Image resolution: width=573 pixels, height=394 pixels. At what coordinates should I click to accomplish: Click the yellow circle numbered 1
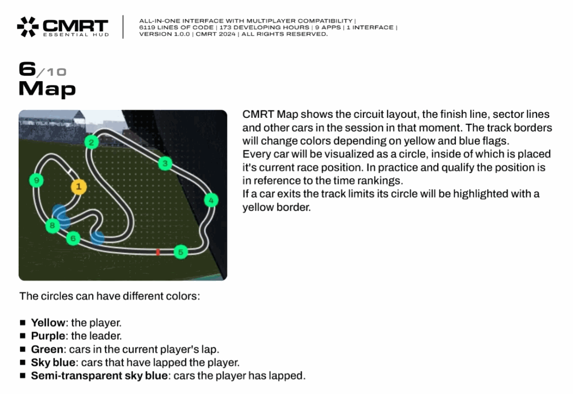(x=79, y=187)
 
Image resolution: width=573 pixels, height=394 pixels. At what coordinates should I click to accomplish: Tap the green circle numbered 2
(x=91, y=142)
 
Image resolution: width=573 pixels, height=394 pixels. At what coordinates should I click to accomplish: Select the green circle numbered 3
(x=165, y=163)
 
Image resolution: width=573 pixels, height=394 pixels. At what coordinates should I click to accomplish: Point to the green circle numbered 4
(x=211, y=200)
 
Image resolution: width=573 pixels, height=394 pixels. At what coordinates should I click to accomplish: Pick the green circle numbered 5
(x=180, y=252)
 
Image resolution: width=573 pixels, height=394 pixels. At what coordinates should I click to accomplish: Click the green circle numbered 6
(x=73, y=238)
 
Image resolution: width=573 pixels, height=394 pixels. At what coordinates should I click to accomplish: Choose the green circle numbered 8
(x=53, y=225)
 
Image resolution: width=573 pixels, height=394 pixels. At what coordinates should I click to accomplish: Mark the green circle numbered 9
(x=36, y=180)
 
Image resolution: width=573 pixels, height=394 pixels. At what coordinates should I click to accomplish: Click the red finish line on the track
(x=158, y=252)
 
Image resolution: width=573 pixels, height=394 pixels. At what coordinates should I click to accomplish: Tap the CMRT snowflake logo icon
(x=28, y=27)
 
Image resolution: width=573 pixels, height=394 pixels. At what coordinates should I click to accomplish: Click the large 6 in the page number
(x=28, y=69)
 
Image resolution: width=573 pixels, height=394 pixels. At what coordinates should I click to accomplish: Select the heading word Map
(x=47, y=89)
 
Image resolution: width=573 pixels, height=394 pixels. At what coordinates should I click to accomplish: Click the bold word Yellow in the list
(x=48, y=323)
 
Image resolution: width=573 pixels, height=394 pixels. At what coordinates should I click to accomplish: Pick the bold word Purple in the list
(x=48, y=336)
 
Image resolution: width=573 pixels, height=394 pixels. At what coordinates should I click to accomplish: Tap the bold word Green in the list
(x=47, y=349)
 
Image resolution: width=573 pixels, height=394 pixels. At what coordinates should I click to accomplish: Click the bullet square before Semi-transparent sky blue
(x=23, y=375)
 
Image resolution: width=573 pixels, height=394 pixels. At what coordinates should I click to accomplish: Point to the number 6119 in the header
(x=146, y=28)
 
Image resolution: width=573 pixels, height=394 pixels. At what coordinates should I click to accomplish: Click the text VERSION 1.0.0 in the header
(x=164, y=34)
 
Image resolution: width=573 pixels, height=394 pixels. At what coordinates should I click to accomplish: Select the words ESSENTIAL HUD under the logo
(x=76, y=35)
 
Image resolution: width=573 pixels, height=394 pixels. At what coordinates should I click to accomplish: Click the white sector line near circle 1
(x=70, y=170)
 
